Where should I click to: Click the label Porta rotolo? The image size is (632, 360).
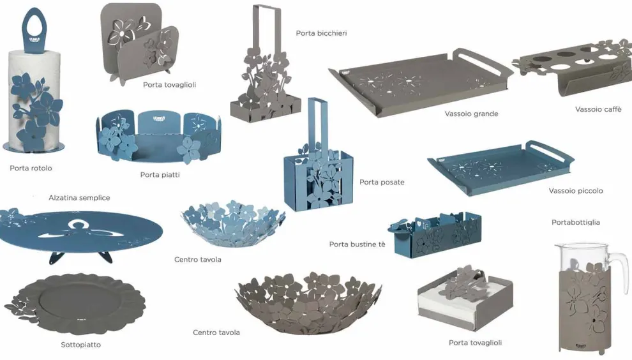click(x=31, y=168)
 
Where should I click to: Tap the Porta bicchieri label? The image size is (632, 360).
click(x=321, y=33)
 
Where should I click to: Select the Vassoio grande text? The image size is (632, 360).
click(x=471, y=114)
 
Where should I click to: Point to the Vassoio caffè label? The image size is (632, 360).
click(x=598, y=109)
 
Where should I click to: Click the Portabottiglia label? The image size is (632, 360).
click(x=576, y=222)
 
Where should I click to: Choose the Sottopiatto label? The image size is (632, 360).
click(x=80, y=345)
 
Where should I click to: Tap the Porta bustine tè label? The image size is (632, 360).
click(x=357, y=244)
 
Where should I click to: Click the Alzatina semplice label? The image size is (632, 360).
click(x=79, y=197)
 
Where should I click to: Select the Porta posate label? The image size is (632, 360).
click(x=382, y=182)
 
